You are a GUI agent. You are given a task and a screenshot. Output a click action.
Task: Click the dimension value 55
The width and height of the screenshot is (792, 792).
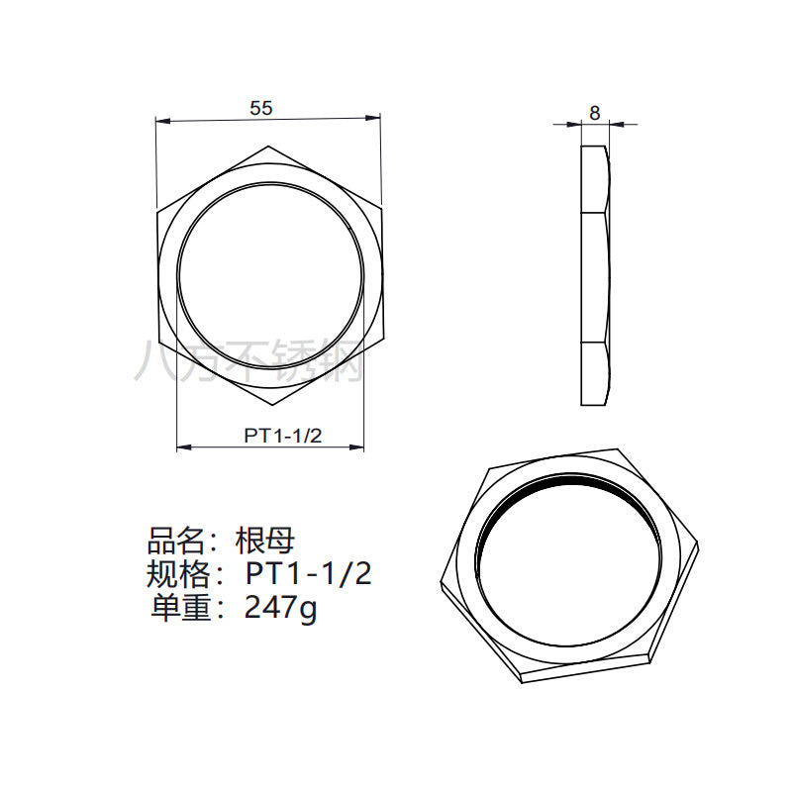pos(261,108)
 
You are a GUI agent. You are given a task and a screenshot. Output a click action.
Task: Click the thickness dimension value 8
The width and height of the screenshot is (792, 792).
pos(595,113)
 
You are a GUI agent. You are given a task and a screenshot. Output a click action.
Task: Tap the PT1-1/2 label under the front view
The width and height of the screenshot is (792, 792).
pos(283,436)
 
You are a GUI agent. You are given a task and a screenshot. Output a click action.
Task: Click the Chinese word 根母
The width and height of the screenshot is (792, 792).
pos(264,542)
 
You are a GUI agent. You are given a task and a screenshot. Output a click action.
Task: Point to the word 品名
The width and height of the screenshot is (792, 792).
pos(176,542)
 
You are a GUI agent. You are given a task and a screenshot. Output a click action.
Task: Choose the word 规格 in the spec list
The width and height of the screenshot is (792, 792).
pos(177,574)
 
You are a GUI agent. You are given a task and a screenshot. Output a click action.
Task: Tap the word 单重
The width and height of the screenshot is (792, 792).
pos(180,607)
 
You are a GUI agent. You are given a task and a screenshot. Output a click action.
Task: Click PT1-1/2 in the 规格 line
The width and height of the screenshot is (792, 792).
pos(309,574)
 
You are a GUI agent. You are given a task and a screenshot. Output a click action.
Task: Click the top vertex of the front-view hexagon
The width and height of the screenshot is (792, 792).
pos(268,147)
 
